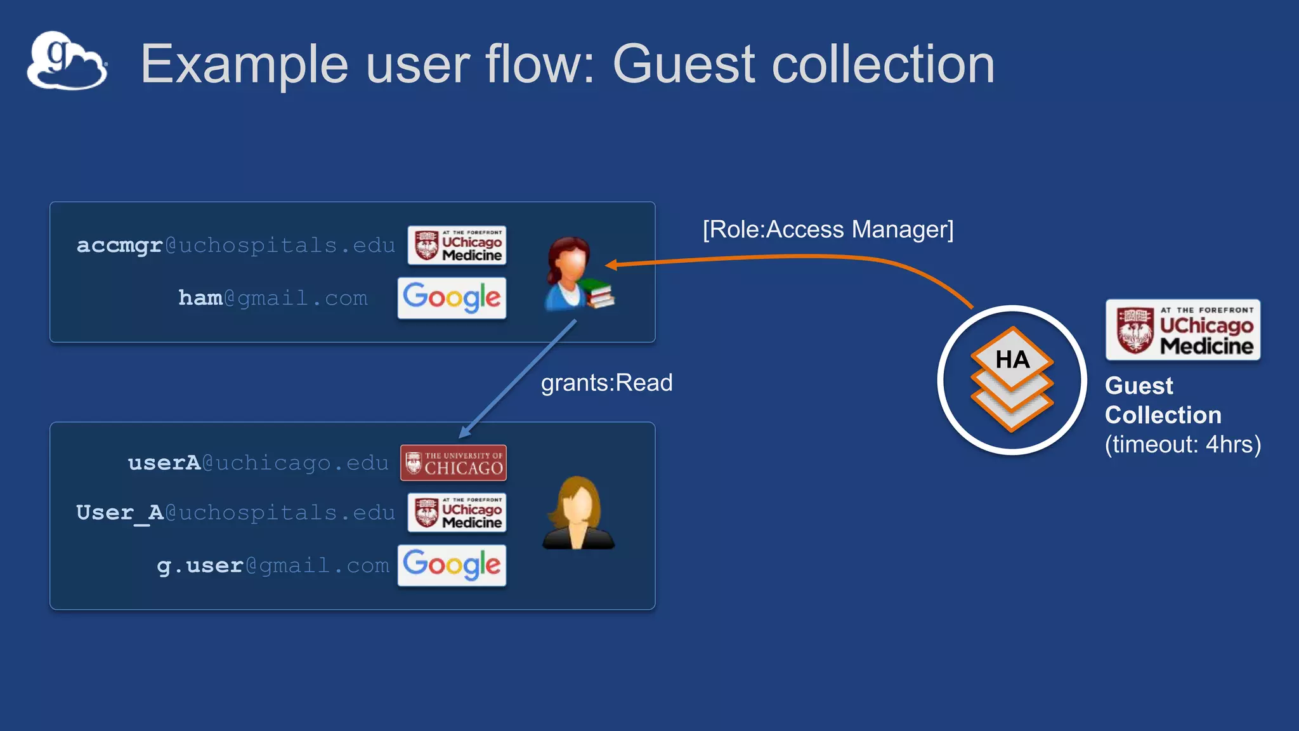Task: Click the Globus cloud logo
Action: (67, 61)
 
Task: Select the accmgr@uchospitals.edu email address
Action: (235, 246)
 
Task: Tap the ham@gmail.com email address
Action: (273, 298)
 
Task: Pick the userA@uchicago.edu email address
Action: (258, 463)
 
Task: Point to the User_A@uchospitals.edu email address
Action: (235, 513)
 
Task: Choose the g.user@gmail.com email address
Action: (273, 565)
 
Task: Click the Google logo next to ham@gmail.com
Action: (452, 298)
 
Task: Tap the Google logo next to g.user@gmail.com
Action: (452, 565)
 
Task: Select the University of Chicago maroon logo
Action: (454, 463)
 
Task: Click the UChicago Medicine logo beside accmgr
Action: (457, 246)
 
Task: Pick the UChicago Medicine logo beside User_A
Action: (457, 513)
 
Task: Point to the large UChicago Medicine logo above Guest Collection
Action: (1183, 330)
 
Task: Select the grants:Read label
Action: (606, 383)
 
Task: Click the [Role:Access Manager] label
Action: (828, 229)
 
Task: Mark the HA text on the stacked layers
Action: (1012, 360)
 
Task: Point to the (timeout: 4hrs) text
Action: (1182, 444)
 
